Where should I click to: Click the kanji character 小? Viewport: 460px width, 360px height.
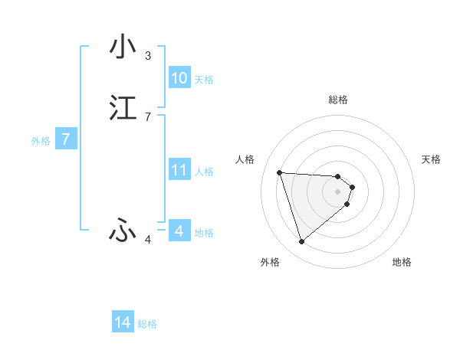click(x=123, y=47)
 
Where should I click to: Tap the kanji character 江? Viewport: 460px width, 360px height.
click(x=123, y=108)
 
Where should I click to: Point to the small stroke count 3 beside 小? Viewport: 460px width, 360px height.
click(x=148, y=56)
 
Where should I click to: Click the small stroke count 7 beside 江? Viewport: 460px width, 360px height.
click(x=148, y=117)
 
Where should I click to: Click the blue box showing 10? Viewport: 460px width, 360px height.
click(x=179, y=78)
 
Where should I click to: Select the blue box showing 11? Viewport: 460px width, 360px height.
click(x=179, y=170)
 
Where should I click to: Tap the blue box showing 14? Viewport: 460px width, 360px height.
click(x=123, y=323)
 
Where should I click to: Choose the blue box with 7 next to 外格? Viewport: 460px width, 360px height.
click(x=66, y=139)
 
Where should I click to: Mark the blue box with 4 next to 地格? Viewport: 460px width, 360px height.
click(x=179, y=231)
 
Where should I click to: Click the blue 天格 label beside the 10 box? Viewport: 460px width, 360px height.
click(x=204, y=80)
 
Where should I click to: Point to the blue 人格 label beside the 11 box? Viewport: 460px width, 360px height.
click(x=204, y=172)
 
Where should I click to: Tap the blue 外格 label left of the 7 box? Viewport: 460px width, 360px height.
click(x=41, y=141)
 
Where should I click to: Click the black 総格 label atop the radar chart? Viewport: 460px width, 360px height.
click(x=338, y=100)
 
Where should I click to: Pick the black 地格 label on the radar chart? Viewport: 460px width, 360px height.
click(x=402, y=263)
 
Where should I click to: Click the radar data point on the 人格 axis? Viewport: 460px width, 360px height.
click(x=280, y=172)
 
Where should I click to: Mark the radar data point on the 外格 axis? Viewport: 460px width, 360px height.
click(x=301, y=242)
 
